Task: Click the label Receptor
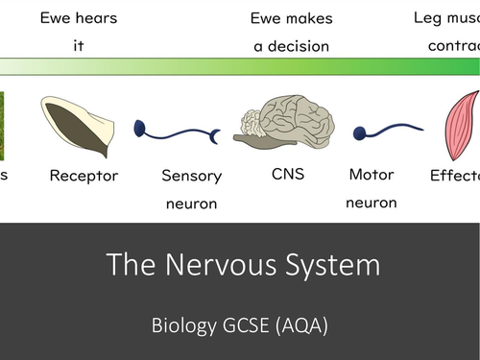84,176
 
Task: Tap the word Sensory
191,176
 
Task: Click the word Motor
372,176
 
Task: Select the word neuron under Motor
372,203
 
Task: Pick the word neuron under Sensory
191,203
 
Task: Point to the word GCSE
246,324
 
